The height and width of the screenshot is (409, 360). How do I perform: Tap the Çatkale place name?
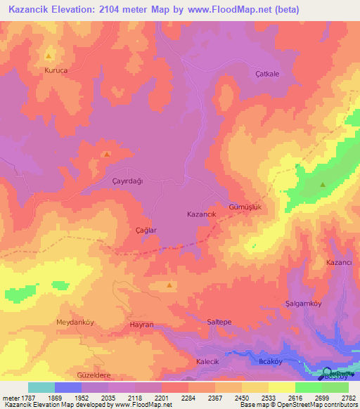point(267,74)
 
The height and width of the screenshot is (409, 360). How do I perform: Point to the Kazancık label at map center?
point(201,213)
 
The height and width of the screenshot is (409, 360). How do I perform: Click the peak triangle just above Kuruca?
point(49,56)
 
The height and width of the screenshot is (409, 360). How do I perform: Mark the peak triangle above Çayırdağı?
point(106,154)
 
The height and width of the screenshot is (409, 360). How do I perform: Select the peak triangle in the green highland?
point(323,185)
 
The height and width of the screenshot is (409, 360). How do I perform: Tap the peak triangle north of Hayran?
point(170,285)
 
